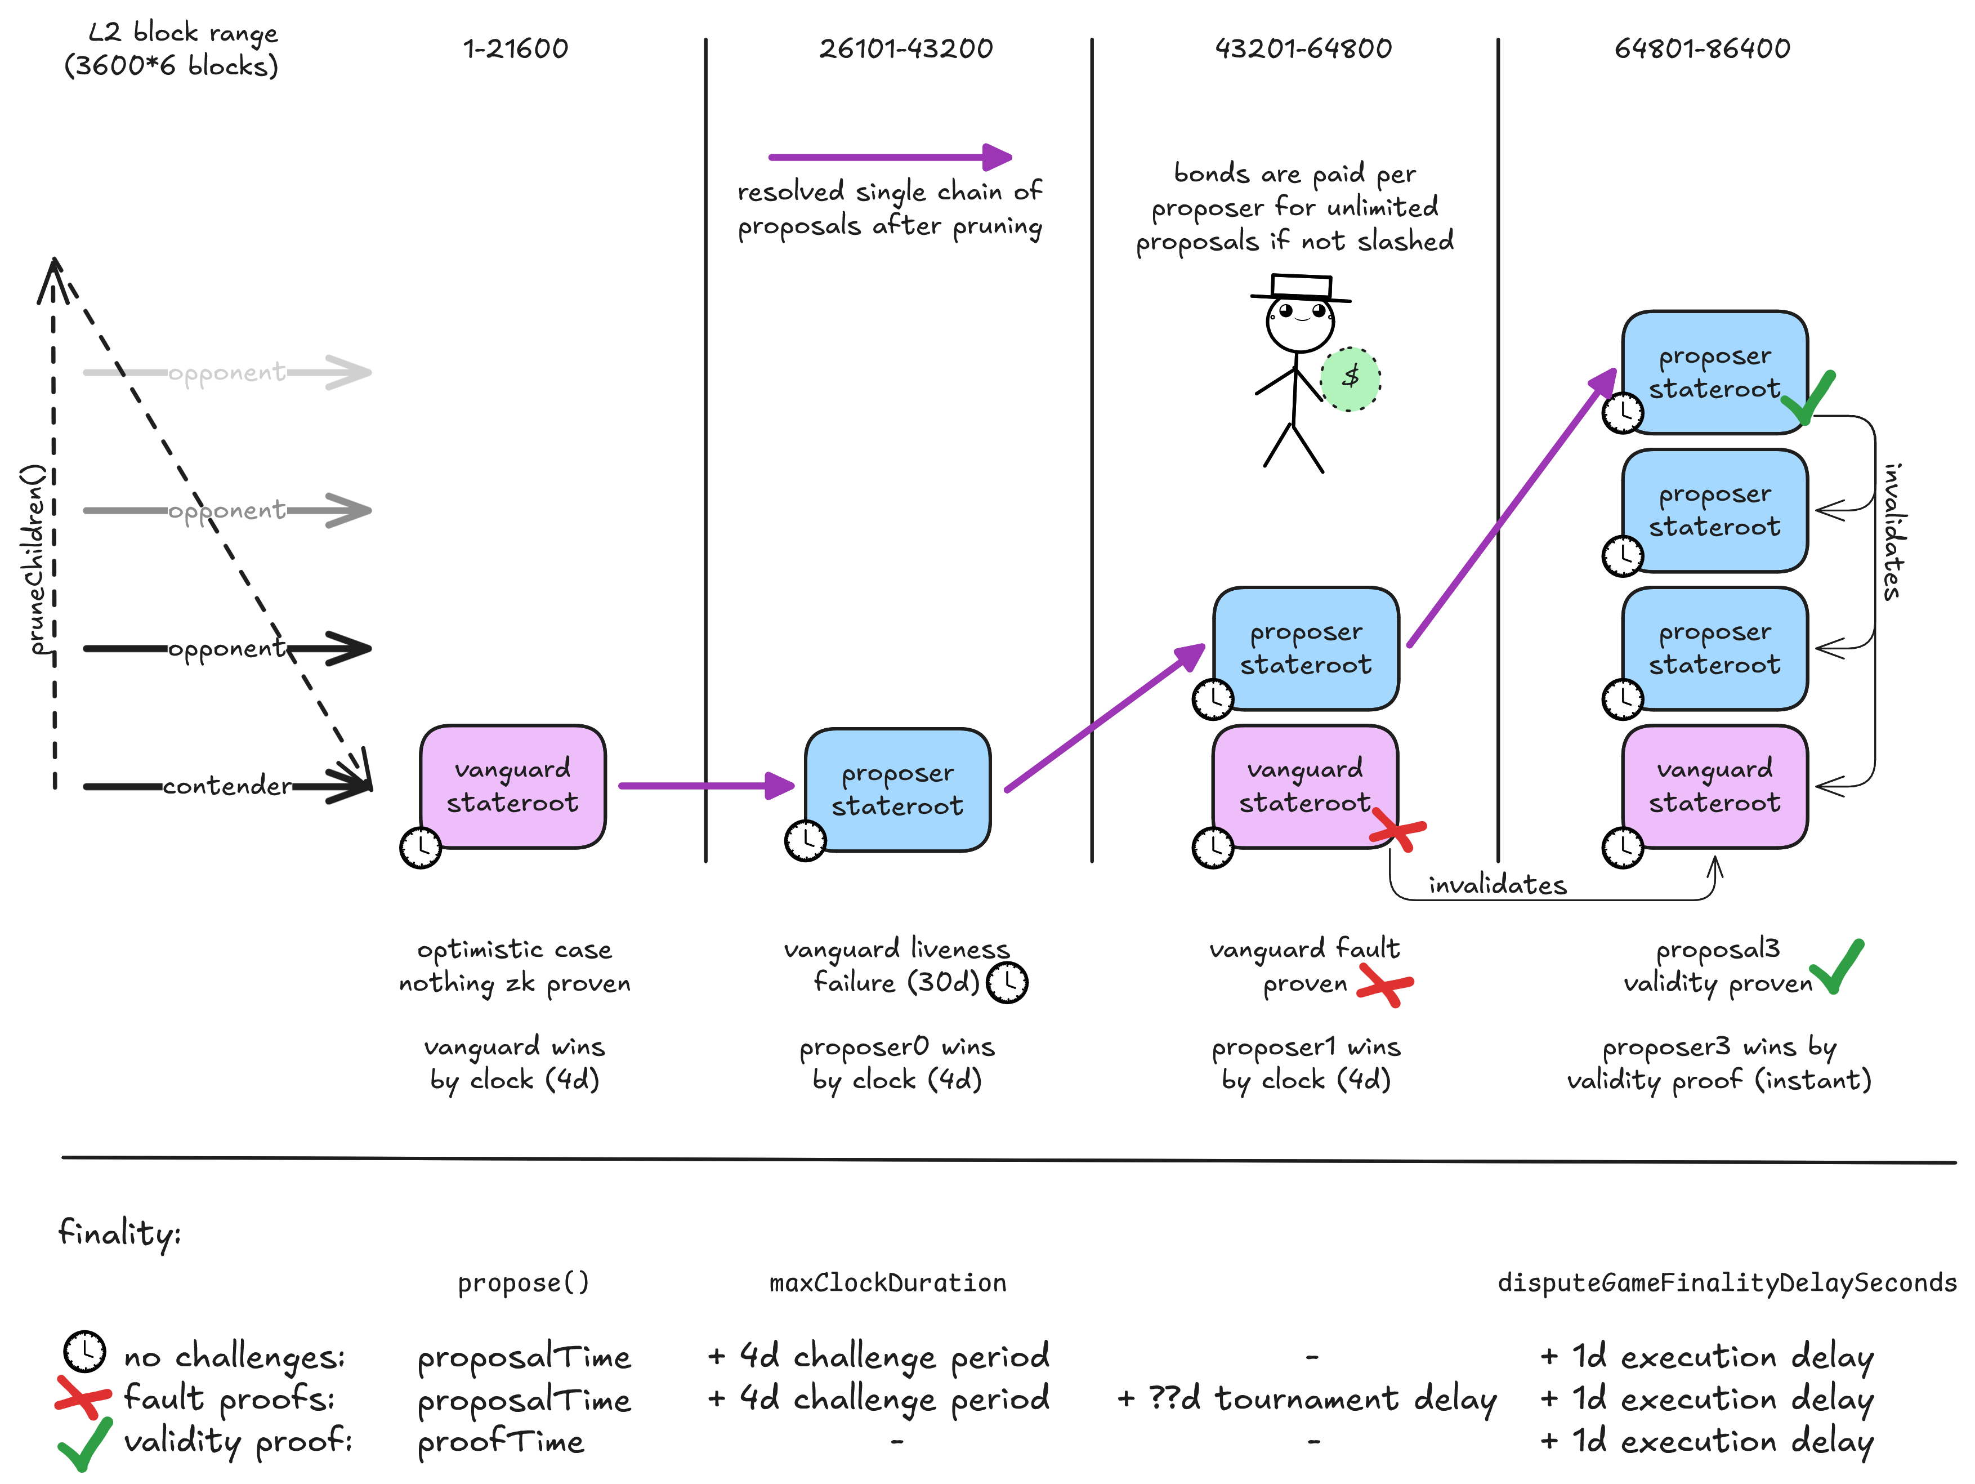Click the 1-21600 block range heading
click(x=515, y=48)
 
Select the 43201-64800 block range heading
click(x=1303, y=48)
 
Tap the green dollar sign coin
click(x=1350, y=378)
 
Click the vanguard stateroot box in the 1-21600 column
click(x=512, y=786)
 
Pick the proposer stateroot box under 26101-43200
click(x=897, y=790)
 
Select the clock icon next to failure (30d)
click(x=1008, y=982)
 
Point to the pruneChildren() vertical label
click(x=34, y=559)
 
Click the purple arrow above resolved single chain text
click(x=890, y=157)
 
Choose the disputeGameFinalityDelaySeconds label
click(x=1727, y=1283)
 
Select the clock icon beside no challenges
click(x=85, y=1351)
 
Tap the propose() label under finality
click(x=523, y=1283)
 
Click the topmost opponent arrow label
click(x=227, y=372)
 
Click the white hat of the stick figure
click(x=1301, y=286)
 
